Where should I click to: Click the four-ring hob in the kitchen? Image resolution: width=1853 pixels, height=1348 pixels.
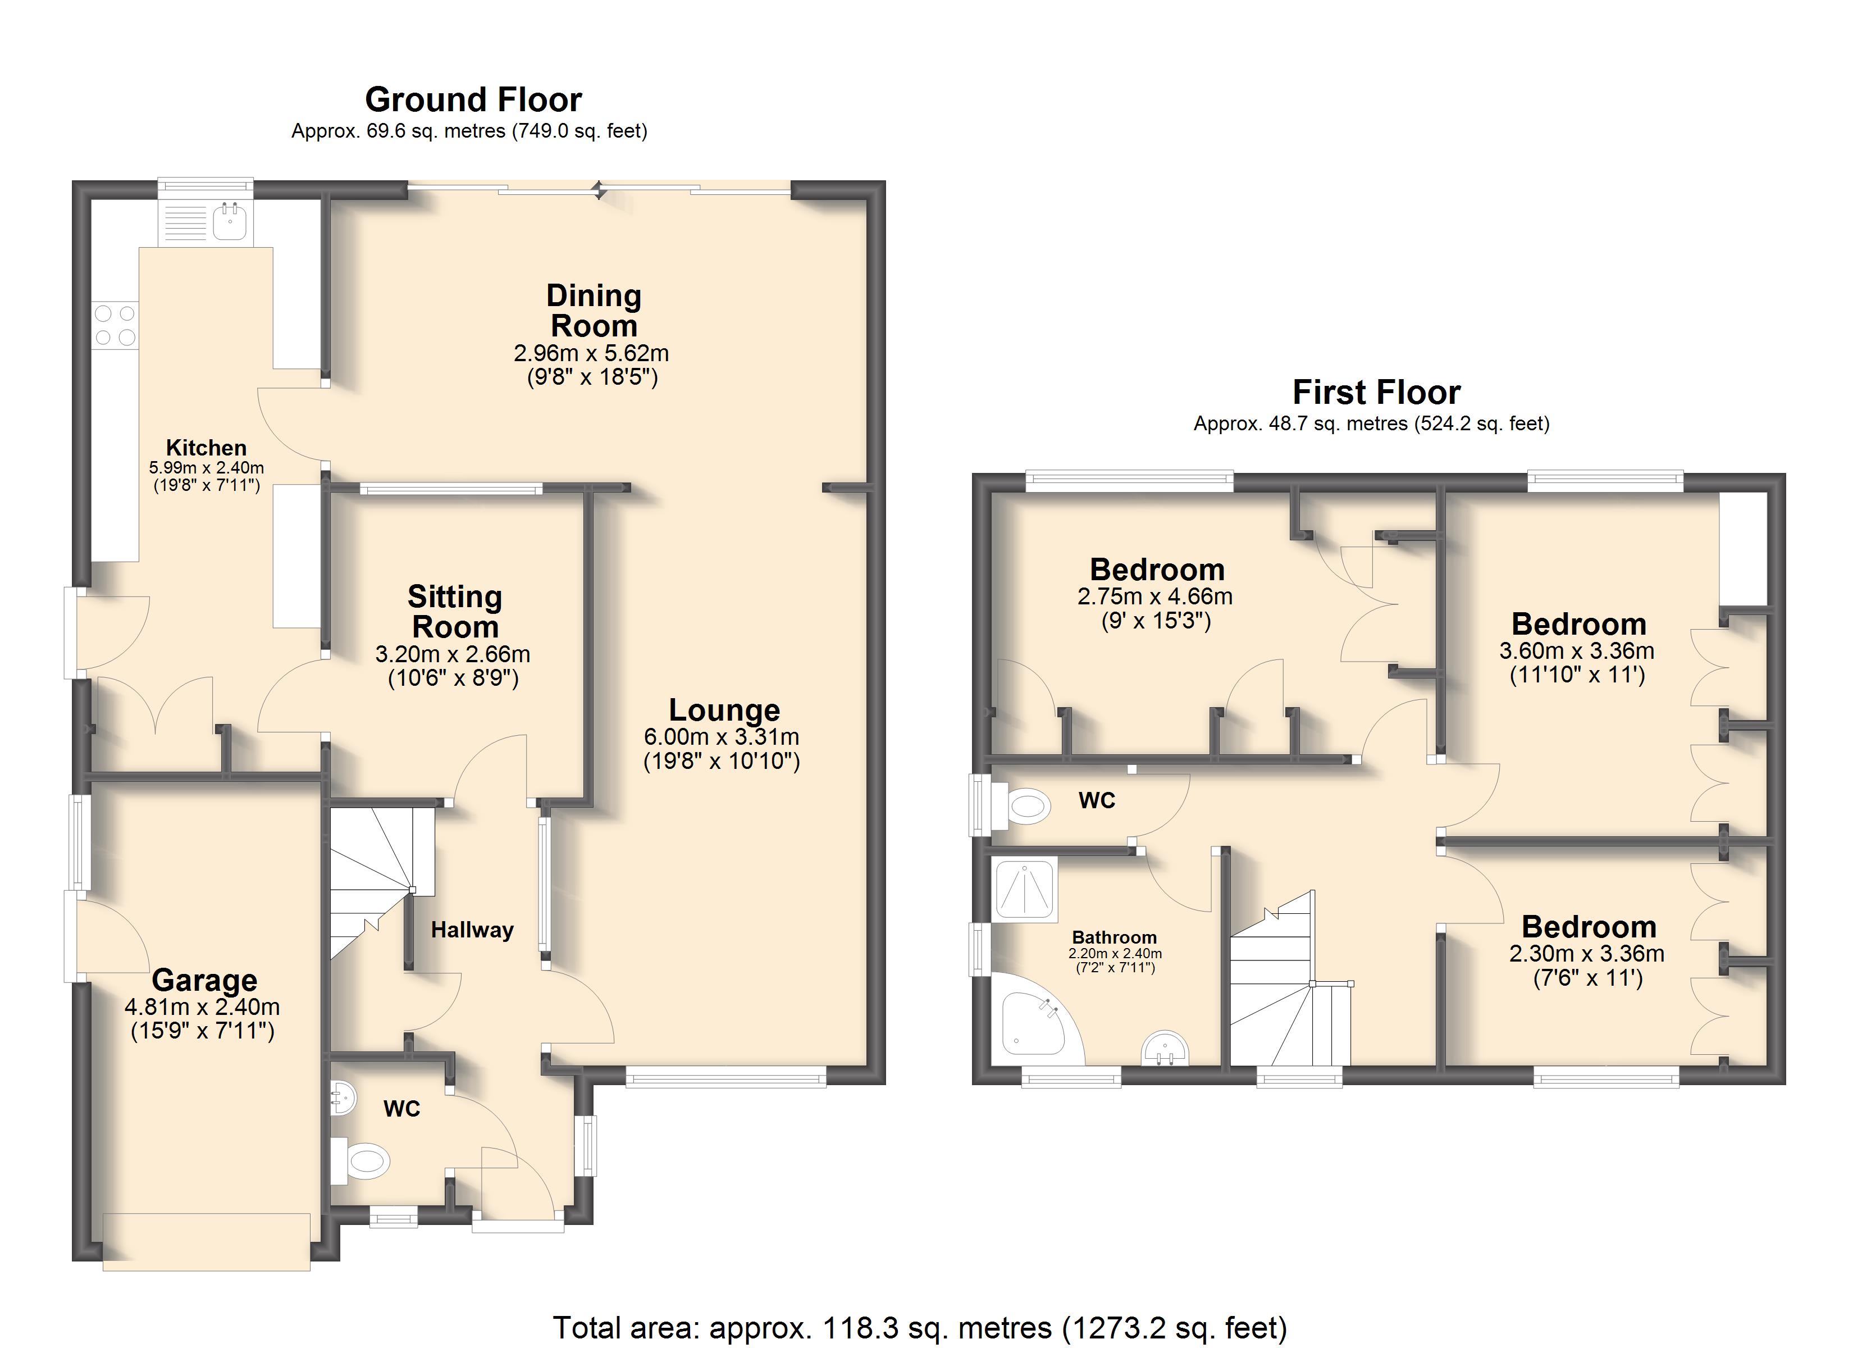(x=115, y=325)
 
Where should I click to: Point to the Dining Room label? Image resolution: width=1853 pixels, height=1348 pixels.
(x=594, y=311)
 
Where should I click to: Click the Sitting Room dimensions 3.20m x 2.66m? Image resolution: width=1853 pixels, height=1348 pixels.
(x=453, y=654)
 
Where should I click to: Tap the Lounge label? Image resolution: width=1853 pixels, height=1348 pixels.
(x=724, y=709)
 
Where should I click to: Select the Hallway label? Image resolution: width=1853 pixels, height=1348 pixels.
(x=472, y=930)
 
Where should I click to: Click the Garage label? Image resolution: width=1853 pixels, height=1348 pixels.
(x=204, y=980)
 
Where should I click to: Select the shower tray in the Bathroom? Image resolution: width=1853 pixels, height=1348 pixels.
(x=1025, y=889)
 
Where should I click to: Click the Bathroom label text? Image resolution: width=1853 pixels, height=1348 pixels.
(x=1115, y=937)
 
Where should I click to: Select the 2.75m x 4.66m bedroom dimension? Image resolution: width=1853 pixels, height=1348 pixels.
(x=1154, y=596)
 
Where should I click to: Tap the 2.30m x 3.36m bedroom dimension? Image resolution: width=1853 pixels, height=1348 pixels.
(x=1587, y=954)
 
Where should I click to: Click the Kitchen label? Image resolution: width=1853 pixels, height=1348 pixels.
(x=206, y=448)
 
